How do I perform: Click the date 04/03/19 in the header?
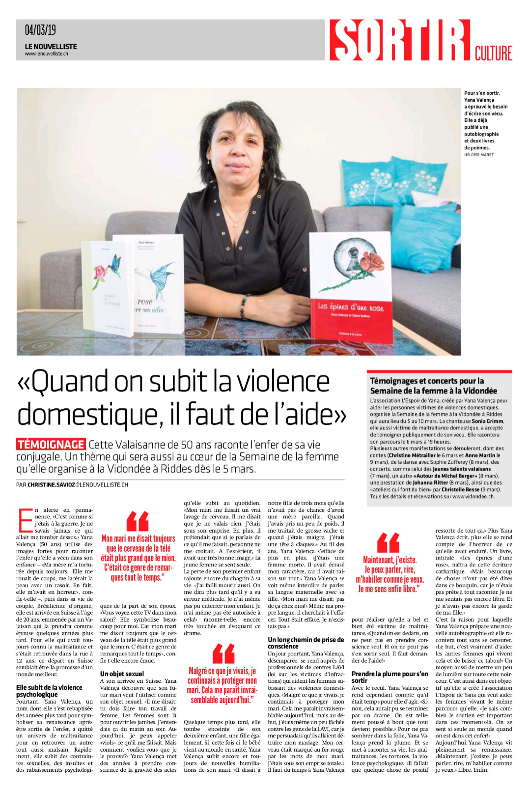click(x=40, y=30)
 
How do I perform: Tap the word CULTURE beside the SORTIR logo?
click(x=493, y=53)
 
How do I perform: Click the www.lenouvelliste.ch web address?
click(x=46, y=54)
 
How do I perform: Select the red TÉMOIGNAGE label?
click(x=51, y=444)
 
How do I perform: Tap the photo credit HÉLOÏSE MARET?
click(x=479, y=155)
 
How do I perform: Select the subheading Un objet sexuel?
click(x=122, y=674)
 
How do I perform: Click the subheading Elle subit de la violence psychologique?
click(x=49, y=691)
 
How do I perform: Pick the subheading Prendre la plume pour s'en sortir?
click(x=390, y=677)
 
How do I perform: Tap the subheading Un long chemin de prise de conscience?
click(x=306, y=643)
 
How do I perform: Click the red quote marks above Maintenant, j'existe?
click(x=388, y=542)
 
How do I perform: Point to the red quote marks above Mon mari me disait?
click(x=138, y=521)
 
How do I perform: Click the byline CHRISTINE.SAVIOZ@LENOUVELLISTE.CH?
click(x=78, y=484)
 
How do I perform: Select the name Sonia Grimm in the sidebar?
click(x=487, y=421)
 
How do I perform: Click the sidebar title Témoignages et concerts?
click(x=426, y=381)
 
